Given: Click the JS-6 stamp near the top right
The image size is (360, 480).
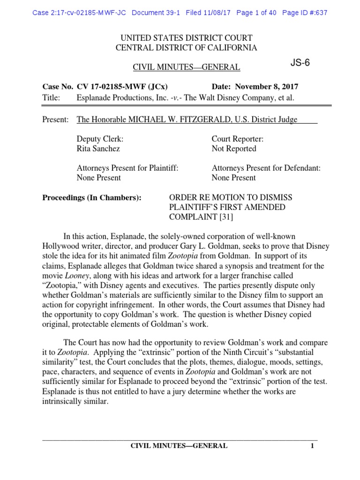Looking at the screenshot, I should pyautogui.click(x=300, y=63).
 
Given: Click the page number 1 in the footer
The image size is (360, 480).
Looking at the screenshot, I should pyautogui.click(x=312, y=446).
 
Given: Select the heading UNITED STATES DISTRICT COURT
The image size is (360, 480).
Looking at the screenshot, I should pyautogui.click(x=187, y=38).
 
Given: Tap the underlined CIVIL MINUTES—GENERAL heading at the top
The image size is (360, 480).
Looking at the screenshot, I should pyautogui.click(x=187, y=67).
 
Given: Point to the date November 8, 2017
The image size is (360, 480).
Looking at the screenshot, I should pyautogui.click(x=266, y=87).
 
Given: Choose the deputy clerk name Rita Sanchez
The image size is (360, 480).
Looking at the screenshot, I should pyautogui.click(x=98, y=149).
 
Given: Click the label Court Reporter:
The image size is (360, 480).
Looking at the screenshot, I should pyautogui.click(x=238, y=139).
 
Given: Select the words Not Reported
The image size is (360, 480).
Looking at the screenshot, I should pyautogui.click(x=234, y=149).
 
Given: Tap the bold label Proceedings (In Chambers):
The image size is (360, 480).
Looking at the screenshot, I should pyautogui.click(x=92, y=197).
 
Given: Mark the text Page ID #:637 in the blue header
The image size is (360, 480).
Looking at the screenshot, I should pyautogui.click(x=305, y=13).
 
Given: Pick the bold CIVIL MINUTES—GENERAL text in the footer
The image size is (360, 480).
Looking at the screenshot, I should pyautogui.click(x=179, y=446).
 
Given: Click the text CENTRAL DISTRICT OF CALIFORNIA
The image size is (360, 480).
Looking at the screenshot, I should pyautogui.click(x=187, y=48).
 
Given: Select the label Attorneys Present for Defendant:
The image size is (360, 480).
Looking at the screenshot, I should pyautogui.click(x=266, y=168).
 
